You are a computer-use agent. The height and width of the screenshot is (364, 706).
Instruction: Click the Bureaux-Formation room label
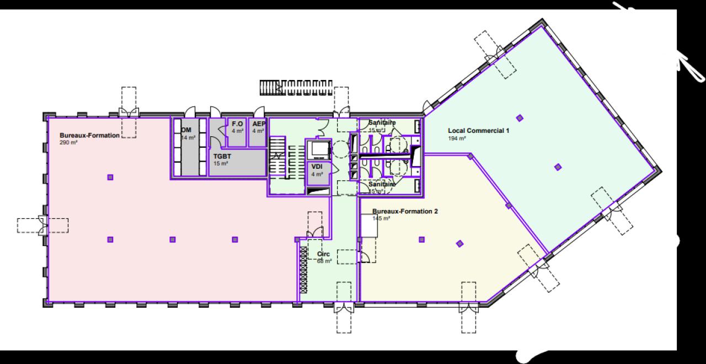pyautogui.click(x=89, y=135)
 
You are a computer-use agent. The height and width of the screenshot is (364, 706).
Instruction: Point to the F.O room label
pyautogui.click(x=238, y=124)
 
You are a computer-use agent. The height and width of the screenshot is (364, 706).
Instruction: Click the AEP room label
pyautogui.click(x=259, y=124)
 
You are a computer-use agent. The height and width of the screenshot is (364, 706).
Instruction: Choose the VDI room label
pyautogui.click(x=317, y=167)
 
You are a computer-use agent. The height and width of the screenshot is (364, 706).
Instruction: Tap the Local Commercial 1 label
pyautogui.click(x=479, y=131)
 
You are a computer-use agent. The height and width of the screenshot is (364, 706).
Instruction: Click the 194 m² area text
pyautogui.click(x=457, y=138)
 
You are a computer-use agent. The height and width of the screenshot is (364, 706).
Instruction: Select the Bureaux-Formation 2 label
pyautogui.click(x=405, y=211)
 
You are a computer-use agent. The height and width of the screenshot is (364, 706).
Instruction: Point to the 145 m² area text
pyautogui.click(x=381, y=218)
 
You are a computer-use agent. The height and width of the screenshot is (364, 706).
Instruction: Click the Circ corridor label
pyautogui.click(x=324, y=254)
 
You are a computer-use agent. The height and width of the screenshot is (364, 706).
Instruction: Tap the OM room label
pyautogui.click(x=186, y=130)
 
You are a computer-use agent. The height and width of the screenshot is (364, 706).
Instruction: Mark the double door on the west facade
pyautogui.click(x=42, y=226)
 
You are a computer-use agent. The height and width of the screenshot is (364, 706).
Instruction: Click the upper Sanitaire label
pyautogui.click(x=382, y=122)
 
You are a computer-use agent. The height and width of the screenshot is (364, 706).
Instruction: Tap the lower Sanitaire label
pyautogui.click(x=382, y=184)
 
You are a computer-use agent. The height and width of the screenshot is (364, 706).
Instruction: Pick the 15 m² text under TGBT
pyautogui.click(x=221, y=164)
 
